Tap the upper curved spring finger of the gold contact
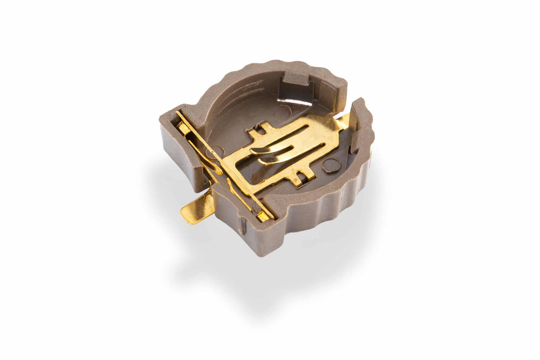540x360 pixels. (x=274, y=148)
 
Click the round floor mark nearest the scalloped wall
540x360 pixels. (x=331, y=166)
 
